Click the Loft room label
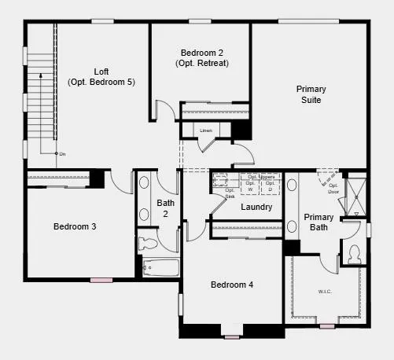101,71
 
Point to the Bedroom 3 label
75,226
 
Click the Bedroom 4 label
232,285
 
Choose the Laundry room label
256,208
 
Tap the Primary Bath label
319,222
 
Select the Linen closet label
206,130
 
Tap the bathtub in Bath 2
160,268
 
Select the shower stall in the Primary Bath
357,196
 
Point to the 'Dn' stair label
62,154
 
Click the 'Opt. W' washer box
250,186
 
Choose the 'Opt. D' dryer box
270,186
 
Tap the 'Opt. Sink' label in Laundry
230,193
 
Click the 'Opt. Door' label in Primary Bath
333,189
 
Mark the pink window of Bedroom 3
101,280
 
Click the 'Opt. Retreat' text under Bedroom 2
203,63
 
